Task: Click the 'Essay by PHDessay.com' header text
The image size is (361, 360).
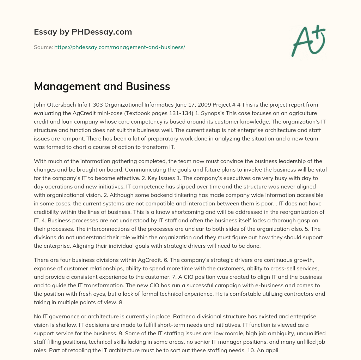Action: click(83, 32)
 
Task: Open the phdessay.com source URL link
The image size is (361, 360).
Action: click(120, 47)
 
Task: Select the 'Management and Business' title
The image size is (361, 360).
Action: click(102, 86)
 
